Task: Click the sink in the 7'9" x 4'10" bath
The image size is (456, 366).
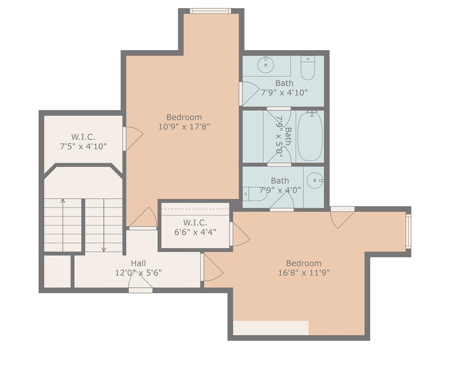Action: [x=265, y=65]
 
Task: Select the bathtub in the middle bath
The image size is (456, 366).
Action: [x=310, y=136]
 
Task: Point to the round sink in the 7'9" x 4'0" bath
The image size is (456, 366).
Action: [x=314, y=181]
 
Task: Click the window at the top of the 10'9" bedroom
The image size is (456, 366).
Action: [x=210, y=11]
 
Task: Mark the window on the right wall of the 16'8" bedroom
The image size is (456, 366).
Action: [x=408, y=231]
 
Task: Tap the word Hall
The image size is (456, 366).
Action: [x=138, y=263]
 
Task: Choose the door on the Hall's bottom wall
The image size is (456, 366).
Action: [x=141, y=284]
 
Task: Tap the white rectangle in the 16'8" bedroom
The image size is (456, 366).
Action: [x=271, y=328]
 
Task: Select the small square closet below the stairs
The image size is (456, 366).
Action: [x=57, y=272]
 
